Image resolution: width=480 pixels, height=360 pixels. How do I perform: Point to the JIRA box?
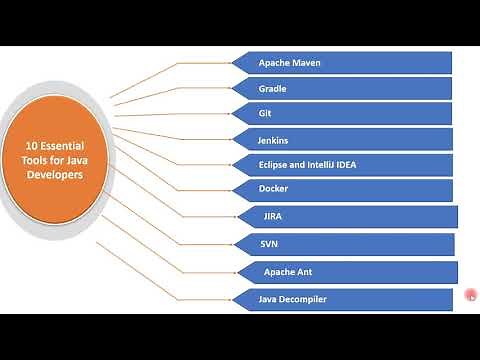345,216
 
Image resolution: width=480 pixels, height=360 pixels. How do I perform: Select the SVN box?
343,243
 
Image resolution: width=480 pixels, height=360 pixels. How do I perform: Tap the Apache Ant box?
345,271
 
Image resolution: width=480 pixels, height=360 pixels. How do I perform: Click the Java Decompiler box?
342,298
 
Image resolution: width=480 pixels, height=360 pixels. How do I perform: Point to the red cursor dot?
471,294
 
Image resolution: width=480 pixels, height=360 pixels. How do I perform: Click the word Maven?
305,63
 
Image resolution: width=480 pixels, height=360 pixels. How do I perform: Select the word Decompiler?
303,298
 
